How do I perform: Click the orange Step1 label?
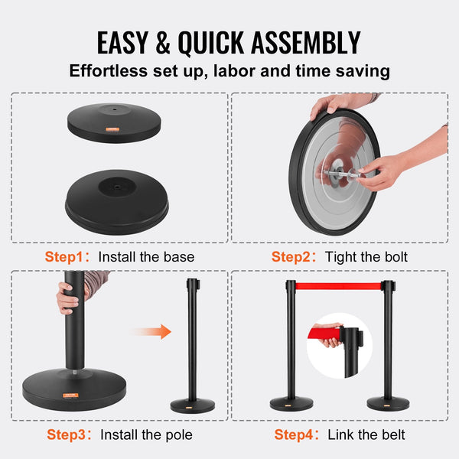68,256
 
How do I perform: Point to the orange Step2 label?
295,256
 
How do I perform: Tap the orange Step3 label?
68,435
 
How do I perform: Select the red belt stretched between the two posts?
337,286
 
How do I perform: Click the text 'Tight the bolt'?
368,256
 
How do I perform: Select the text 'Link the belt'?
366,435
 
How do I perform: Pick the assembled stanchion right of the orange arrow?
190,344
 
